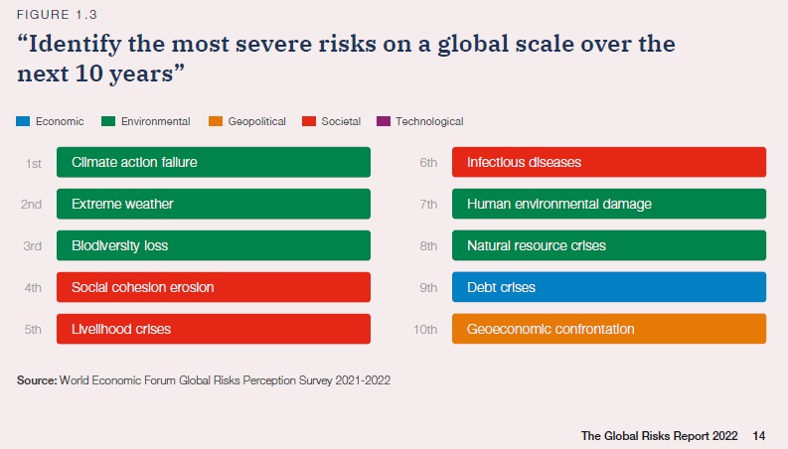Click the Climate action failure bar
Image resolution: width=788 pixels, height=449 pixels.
(214, 162)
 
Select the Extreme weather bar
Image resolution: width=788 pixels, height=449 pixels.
(214, 204)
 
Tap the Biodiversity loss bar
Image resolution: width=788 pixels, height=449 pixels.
(214, 245)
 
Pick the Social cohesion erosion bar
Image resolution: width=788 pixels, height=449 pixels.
(214, 287)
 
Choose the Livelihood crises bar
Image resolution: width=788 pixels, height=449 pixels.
(214, 329)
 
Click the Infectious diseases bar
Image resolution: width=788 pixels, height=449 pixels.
(608, 162)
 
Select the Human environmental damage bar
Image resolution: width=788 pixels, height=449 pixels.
(608, 204)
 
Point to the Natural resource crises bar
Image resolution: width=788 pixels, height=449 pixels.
(608, 245)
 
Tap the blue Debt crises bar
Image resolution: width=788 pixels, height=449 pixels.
(608, 287)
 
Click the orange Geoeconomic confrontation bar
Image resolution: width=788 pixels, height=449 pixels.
(608, 329)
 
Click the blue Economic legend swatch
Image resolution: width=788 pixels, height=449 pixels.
(24, 122)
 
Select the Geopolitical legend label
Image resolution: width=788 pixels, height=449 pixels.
(256, 122)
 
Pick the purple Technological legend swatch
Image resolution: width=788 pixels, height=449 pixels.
(384, 122)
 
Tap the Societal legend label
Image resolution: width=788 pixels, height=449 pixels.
(341, 122)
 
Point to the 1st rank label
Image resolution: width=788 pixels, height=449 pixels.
(34, 162)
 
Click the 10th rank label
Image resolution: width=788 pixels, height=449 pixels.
(424, 329)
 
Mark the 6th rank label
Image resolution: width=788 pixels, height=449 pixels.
(428, 162)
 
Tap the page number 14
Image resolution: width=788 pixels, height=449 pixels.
(759, 435)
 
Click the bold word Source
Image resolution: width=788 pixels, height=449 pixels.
(36, 379)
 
